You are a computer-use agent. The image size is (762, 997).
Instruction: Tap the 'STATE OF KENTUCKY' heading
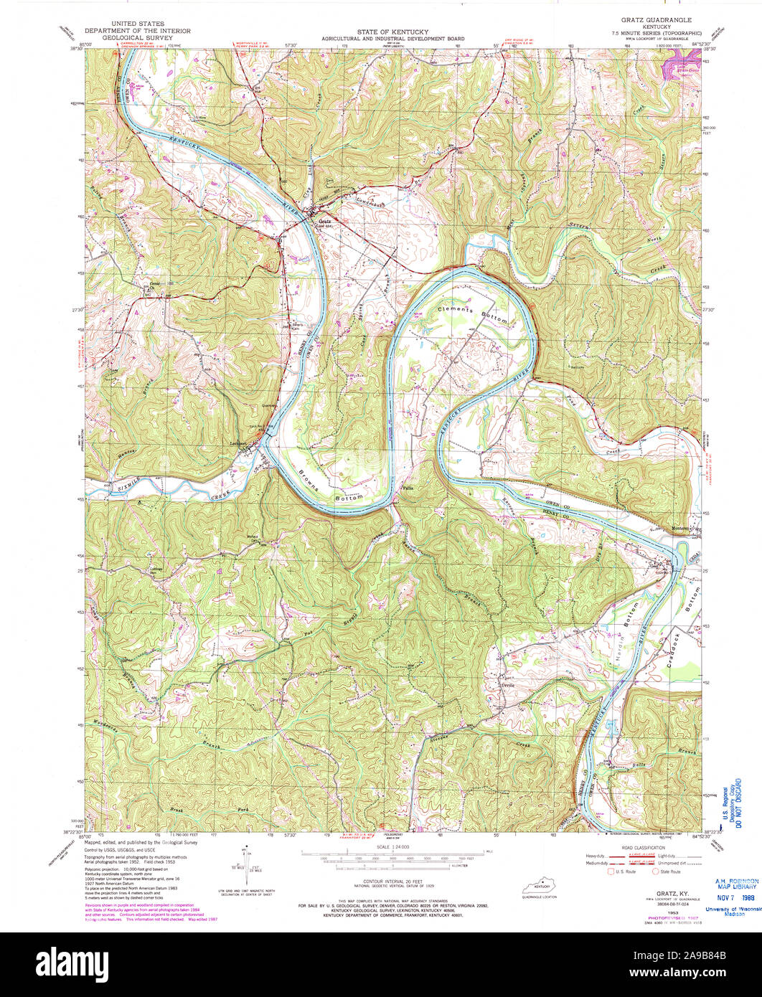point(392,32)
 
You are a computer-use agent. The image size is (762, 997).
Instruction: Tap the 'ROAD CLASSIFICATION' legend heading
point(648,846)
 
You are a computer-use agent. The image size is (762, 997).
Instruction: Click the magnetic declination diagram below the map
point(246,864)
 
